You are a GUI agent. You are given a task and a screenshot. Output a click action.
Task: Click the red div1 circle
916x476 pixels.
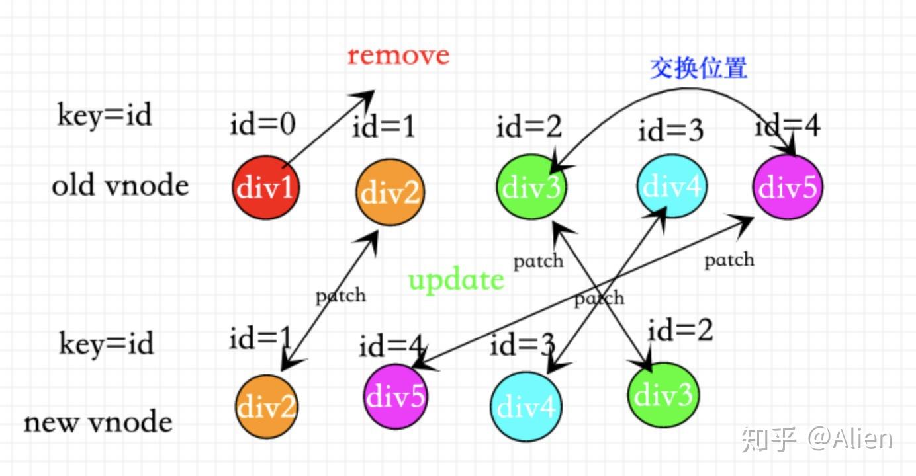point(265,188)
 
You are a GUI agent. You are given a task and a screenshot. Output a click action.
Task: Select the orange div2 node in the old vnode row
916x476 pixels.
point(390,192)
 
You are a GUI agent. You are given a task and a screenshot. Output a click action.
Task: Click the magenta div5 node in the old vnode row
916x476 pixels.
point(788,187)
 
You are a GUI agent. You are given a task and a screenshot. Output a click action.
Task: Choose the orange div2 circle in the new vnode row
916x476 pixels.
point(267,407)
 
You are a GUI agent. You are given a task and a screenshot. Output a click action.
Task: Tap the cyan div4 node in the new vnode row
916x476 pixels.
point(526,406)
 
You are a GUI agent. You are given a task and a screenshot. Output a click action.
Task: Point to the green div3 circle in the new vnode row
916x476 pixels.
point(663,395)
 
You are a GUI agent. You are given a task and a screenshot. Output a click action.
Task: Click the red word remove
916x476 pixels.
point(398,55)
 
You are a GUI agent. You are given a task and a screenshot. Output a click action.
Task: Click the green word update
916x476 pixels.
point(456,280)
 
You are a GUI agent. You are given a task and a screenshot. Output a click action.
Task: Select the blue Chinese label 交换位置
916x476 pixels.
point(698,68)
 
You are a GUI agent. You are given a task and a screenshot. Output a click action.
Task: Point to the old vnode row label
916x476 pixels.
point(120,186)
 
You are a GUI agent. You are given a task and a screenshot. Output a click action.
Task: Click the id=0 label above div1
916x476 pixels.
point(263,124)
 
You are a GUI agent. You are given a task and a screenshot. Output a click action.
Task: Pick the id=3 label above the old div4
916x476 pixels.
point(670,132)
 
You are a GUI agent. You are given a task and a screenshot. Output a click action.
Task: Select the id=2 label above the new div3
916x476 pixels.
point(680,330)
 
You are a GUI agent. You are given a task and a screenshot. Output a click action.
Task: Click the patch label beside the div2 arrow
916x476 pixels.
point(340,295)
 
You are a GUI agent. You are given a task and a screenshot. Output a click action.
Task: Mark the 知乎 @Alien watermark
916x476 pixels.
point(817,438)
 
